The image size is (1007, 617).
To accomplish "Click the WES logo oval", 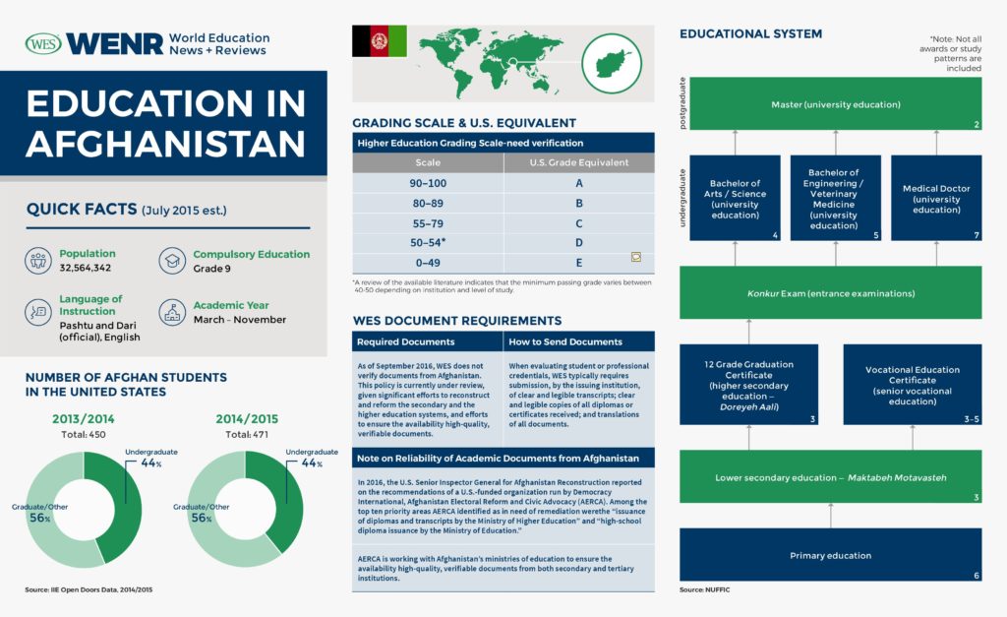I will (43, 44).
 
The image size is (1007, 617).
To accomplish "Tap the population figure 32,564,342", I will (85, 268).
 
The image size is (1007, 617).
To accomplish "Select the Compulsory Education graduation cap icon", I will (173, 260).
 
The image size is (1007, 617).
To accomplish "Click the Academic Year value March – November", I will (239, 319).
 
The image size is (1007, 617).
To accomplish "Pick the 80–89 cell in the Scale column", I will (428, 204).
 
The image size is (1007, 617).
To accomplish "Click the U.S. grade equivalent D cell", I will (578, 242).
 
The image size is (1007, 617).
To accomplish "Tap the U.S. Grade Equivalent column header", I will (578, 162).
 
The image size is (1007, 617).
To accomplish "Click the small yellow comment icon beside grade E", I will (636, 257).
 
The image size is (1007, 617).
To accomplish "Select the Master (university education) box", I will (835, 104).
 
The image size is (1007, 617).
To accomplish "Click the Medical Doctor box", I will (935, 198).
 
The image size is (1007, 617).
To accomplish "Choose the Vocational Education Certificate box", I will (912, 385).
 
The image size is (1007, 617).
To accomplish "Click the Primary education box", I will (830, 555).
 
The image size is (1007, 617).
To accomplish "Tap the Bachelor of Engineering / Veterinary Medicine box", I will (835, 198).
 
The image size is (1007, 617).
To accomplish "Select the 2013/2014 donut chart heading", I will (83, 419).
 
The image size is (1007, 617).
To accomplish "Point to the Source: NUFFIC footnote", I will (704, 589).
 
